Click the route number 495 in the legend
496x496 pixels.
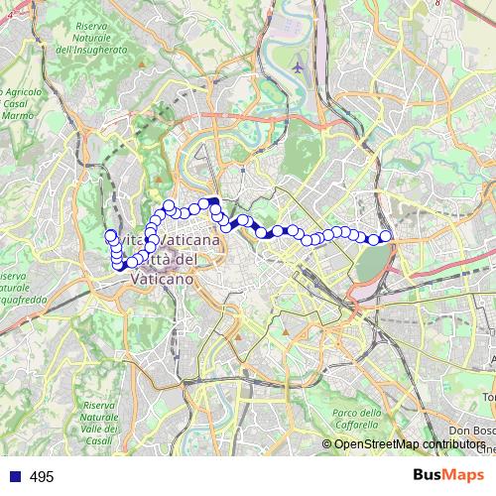[x=42, y=477]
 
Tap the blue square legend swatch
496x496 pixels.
[x=14, y=477]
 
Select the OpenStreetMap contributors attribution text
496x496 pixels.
[x=407, y=444]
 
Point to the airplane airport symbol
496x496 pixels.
[x=299, y=66]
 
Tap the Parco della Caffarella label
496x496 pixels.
[x=357, y=420]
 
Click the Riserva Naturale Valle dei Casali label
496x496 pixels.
[x=100, y=423]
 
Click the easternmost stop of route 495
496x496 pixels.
[x=386, y=236]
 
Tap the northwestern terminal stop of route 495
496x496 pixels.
[x=110, y=235]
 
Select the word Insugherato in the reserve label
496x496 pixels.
[x=92, y=49]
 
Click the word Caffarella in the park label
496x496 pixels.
[x=357, y=426]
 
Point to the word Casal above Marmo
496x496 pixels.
[x=15, y=103]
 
